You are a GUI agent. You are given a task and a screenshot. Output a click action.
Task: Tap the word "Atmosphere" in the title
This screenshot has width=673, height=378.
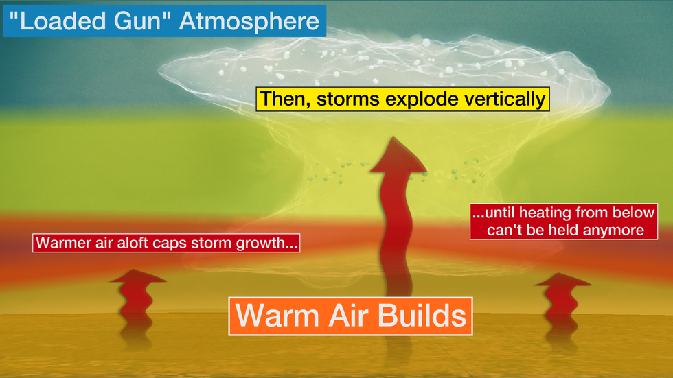[x=249, y=21]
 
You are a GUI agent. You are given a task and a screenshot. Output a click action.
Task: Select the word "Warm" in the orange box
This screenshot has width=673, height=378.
[x=278, y=316]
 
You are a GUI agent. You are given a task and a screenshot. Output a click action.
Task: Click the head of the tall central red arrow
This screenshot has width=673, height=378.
[x=398, y=156]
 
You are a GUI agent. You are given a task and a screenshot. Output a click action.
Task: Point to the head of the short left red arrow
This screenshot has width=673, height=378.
[x=138, y=276]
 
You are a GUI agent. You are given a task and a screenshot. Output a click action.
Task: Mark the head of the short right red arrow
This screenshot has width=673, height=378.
[x=563, y=280]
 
